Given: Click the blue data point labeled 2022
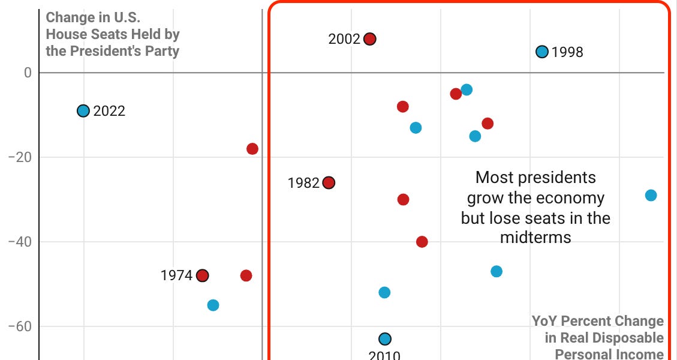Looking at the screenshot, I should [x=83, y=110].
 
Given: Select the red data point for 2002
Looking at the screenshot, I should [x=370, y=39].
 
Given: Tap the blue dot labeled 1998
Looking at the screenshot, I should [x=542, y=52].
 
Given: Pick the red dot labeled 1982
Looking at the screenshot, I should [x=329, y=182].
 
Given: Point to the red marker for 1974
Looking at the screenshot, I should [x=203, y=275].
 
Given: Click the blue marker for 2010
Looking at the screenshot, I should [x=385, y=339].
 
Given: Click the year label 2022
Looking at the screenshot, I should [x=109, y=111].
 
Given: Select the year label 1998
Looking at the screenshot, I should [x=567, y=53].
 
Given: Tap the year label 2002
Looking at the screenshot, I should [x=344, y=40].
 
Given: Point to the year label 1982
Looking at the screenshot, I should [x=303, y=183].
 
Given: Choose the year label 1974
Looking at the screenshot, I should [x=176, y=276].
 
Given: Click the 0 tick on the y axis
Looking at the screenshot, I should [x=27, y=73].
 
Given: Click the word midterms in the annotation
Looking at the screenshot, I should [x=535, y=238].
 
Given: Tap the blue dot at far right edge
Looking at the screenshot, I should [x=651, y=195].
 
